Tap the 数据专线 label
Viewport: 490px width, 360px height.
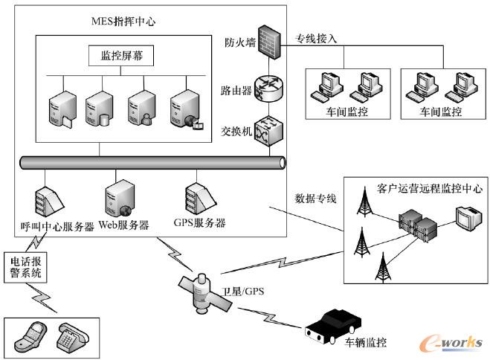click(x=316, y=199)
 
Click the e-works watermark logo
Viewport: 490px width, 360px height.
click(x=450, y=341)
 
